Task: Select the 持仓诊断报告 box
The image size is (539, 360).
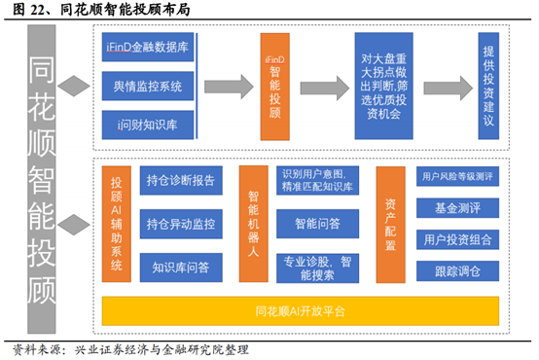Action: [x=180, y=181]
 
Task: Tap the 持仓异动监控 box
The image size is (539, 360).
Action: [x=180, y=224]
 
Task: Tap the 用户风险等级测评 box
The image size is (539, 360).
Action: [x=458, y=177]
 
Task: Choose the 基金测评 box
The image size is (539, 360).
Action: [x=458, y=207]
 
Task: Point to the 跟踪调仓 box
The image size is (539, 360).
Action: [x=458, y=269]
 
